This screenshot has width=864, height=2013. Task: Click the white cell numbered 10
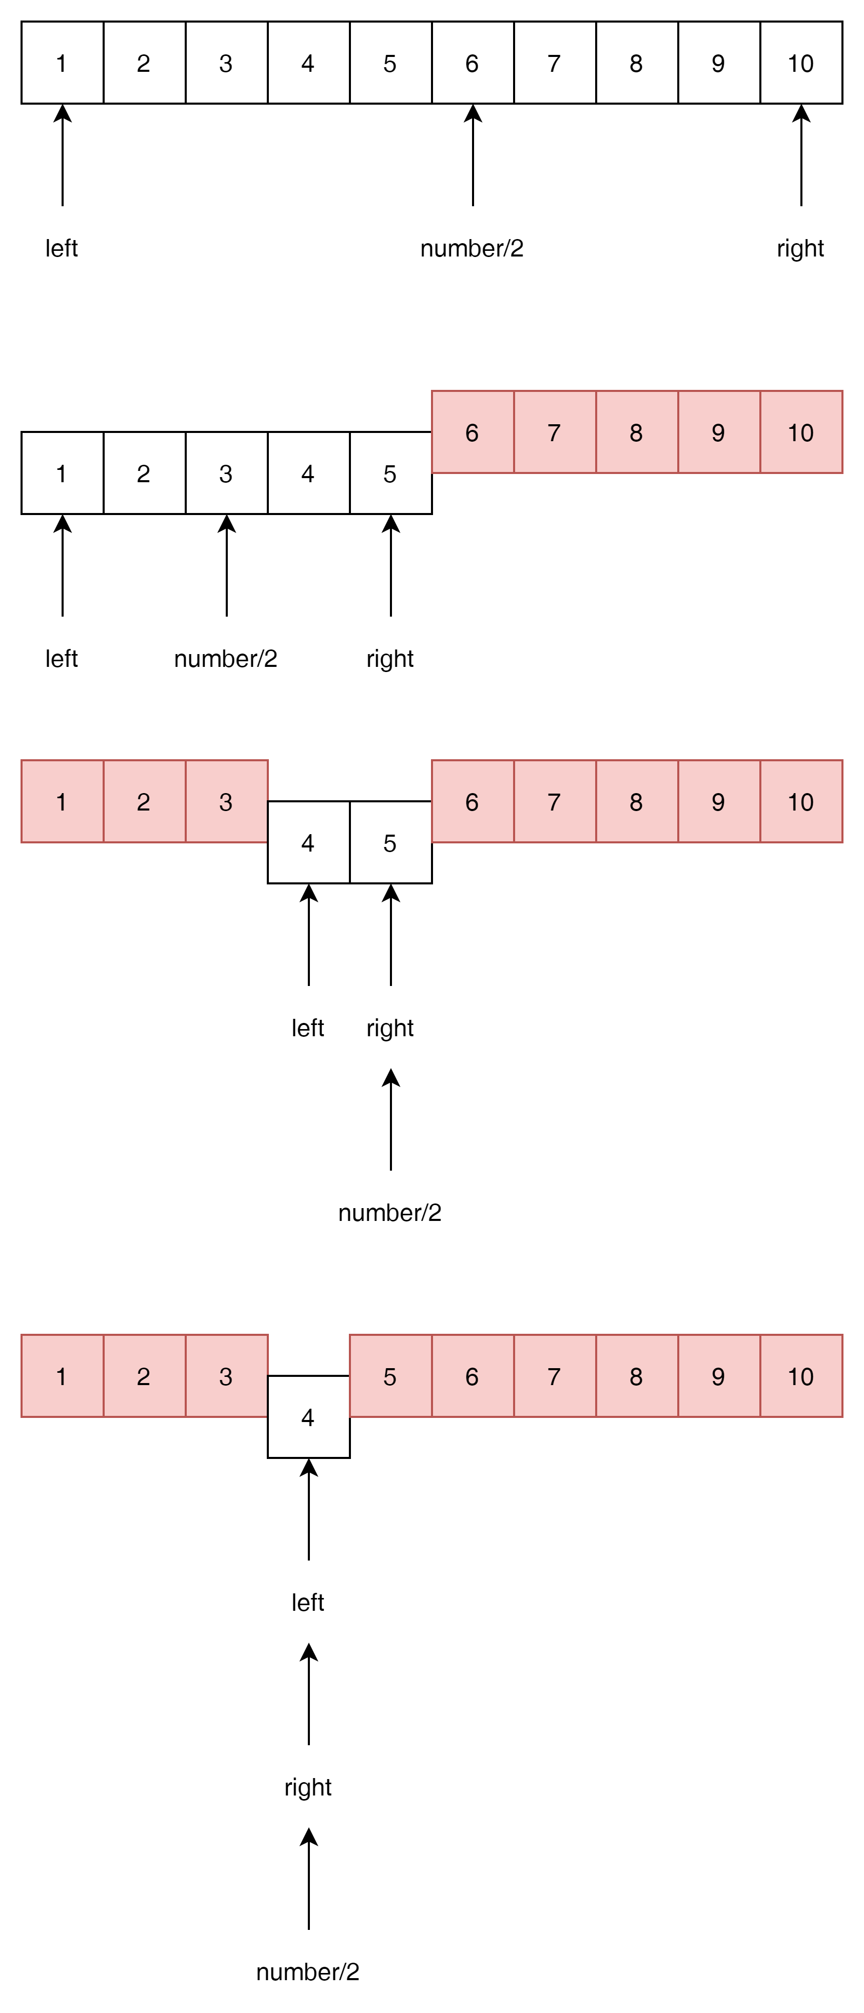(801, 63)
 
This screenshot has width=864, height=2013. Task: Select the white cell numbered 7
(555, 63)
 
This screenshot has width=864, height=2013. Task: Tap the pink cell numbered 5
(390, 1376)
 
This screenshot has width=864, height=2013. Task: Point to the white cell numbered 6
(473, 63)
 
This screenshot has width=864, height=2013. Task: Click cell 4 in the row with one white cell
(308, 1417)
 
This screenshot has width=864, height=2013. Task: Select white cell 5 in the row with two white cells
(390, 842)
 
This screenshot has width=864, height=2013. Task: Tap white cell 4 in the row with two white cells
(308, 842)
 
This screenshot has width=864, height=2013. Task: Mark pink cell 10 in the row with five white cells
(801, 432)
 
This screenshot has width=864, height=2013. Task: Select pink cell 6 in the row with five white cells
(473, 432)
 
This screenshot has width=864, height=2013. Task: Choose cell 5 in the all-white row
(390, 63)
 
